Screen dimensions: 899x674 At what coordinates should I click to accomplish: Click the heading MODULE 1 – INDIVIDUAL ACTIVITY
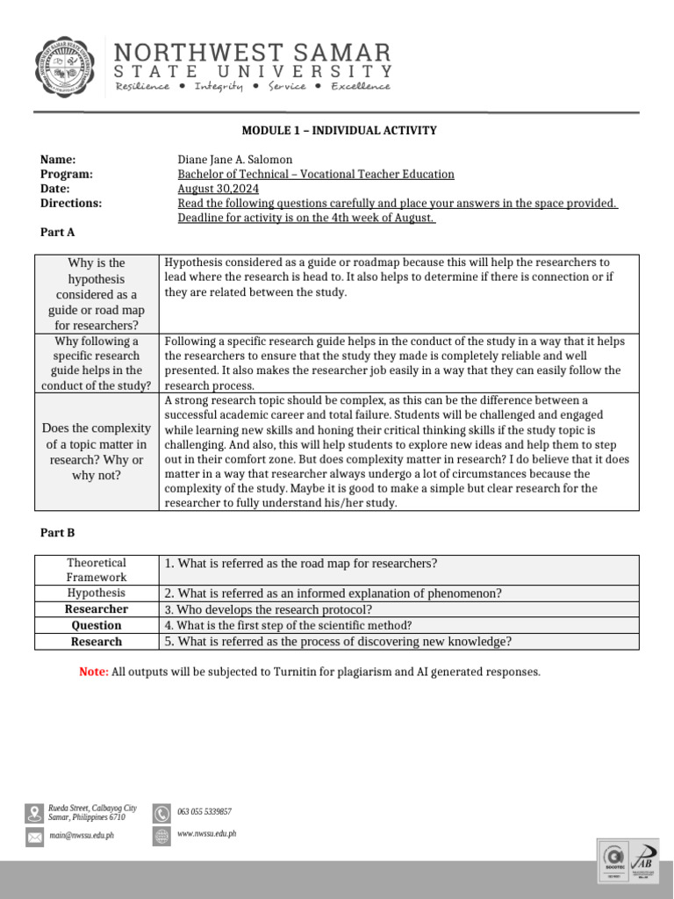(x=339, y=131)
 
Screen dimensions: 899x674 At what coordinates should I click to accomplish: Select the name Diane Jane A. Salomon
(x=234, y=160)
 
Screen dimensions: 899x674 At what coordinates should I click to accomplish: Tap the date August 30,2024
(x=218, y=189)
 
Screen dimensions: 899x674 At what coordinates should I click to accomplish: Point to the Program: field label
(x=67, y=174)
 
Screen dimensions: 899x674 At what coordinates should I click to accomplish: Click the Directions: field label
(x=71, y=203)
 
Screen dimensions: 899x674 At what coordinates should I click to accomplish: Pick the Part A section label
(x=58, y=232)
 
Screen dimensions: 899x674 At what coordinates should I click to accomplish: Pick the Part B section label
(x=58, y=532)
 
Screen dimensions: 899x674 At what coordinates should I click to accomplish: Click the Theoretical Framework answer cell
(x=97, y=570)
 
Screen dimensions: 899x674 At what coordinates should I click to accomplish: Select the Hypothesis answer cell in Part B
(x=97, y=593)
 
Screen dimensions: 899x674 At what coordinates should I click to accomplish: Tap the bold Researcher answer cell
(x=97, y=609)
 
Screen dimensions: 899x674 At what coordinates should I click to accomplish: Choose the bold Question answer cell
(x=97, y=625)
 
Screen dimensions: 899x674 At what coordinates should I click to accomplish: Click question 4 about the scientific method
(x=288, y=625)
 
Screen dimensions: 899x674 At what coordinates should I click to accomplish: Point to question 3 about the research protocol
(x=269, y=609)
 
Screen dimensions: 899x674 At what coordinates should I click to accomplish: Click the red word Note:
(x=94, y=672)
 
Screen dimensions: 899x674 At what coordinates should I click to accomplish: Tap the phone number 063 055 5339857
(x=204, y=812)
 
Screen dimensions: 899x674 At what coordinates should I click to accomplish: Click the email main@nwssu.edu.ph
(x=81, y=835)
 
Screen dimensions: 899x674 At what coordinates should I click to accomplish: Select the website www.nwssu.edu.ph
(x=206, y=834)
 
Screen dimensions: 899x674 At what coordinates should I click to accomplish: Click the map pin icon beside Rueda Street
(x=35, y=812)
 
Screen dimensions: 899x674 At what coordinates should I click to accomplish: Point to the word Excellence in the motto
(x=361, y=86)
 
